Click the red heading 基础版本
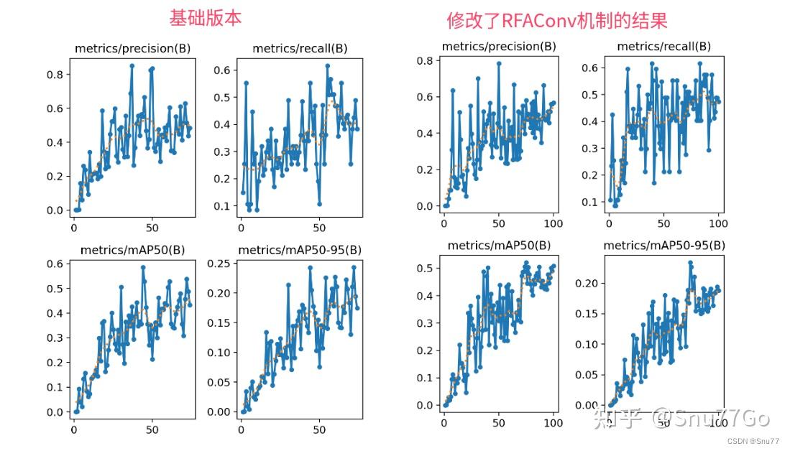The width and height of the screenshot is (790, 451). click(205, 18)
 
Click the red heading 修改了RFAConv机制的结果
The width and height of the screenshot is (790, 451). click(556, 20)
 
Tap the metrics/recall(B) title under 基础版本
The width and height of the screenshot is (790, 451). click(300, 48)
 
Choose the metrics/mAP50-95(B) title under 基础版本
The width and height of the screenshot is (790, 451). click(299, 250)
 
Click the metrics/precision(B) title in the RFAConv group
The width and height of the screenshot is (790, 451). click(499, 46)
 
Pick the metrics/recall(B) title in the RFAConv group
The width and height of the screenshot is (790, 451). click(664, 46)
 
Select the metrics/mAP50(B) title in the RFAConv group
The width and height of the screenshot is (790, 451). click(499, 245)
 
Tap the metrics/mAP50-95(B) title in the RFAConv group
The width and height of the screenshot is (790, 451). click(664, 245)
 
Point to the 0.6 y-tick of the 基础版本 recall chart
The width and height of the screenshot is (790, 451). click(222, 70)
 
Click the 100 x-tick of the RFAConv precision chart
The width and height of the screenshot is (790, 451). click(553, 223)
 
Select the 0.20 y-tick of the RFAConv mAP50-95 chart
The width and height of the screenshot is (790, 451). click(585, 283)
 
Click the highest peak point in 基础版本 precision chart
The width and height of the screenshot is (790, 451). click(132, 65)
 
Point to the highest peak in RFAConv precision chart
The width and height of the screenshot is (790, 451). click(498, 63)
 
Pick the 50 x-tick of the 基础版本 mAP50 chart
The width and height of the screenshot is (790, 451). click(152, 430)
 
